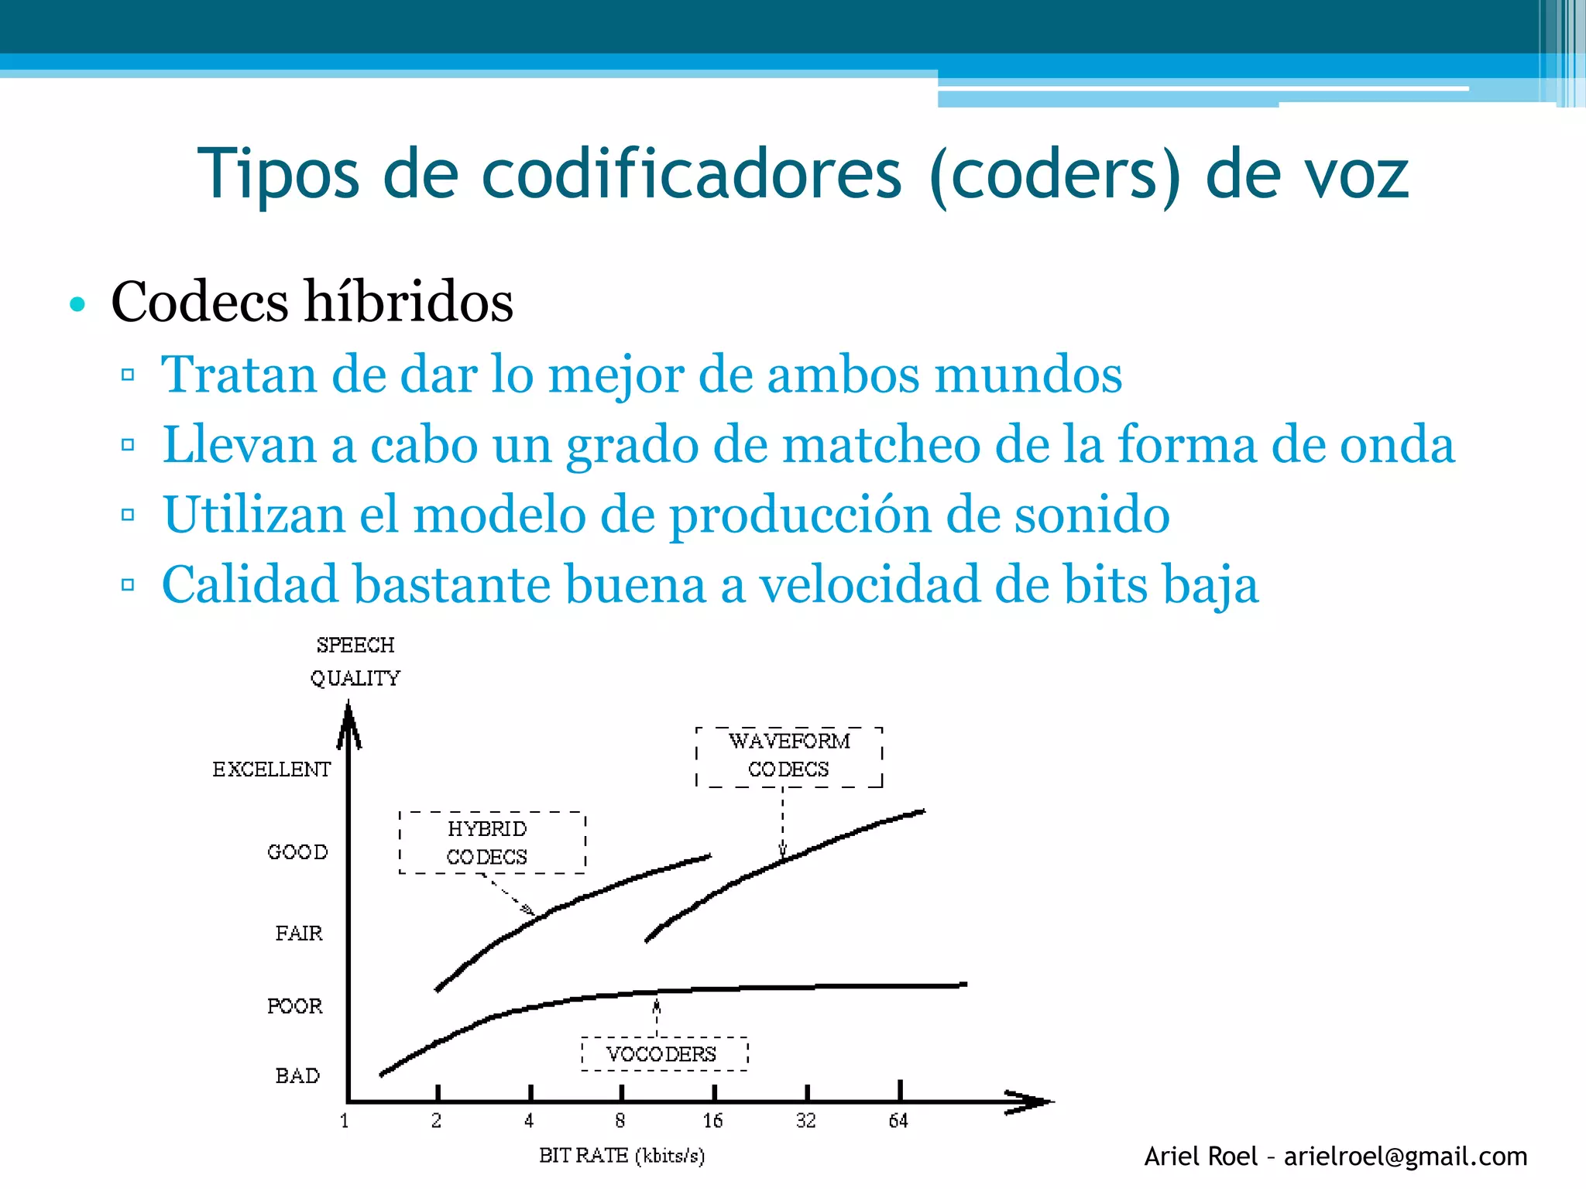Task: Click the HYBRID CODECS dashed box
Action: tap(492, 843)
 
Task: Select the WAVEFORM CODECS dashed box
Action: tap(789, 756)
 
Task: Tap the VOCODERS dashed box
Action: tap(664, 1054)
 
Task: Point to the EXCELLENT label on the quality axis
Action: tap(272, 769)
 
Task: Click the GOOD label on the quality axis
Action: tap(297, 852)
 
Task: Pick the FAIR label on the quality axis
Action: tap(299, 934)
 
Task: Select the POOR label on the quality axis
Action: tap(295, 1006)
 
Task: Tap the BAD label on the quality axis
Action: tap(297, 1076)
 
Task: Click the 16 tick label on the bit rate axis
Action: tap(712, 1121)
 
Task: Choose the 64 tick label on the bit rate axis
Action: tap(898, 1121)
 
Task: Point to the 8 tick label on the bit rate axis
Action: tap(620, 1121)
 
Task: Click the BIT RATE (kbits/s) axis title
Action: tap(622, 1156)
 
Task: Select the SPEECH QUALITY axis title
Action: tap(355, 662)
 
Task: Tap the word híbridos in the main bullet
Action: tap(409, 302)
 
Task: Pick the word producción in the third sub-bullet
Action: tap(800, 516)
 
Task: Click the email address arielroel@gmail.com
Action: tap(1406, 1156)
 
